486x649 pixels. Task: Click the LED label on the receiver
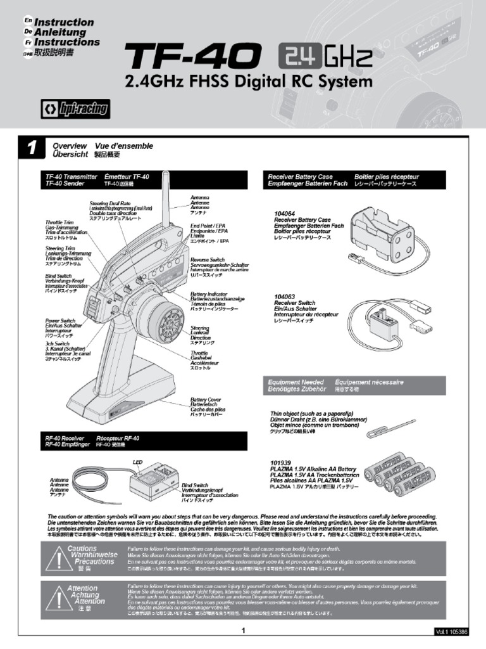tap(138, 462)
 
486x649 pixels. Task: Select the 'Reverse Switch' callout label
tap(208, 260)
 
